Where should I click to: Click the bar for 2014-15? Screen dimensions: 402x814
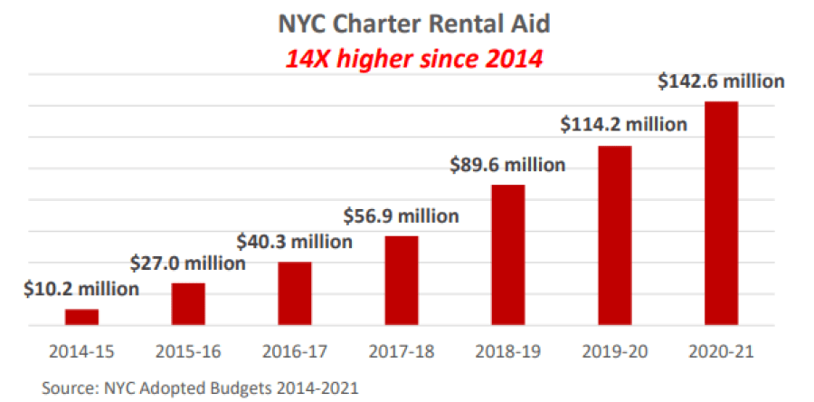point(81,317)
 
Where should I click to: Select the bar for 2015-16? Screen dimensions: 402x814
point(188,303)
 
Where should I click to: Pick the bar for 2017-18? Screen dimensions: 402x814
point(402,280)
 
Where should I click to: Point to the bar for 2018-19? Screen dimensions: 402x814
point(508,254)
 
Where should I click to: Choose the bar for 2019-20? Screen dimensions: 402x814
point(615,234)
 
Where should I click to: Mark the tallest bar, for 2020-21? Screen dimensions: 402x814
point(722,213)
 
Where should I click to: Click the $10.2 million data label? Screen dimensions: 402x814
point(81,290)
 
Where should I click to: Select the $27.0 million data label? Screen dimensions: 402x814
point(188,263)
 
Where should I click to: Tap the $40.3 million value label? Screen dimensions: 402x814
point(295,242)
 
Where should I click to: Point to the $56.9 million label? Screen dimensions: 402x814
point(402,216)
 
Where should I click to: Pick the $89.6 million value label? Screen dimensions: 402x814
point(508,165)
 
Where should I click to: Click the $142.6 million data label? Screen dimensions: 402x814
point(721,81)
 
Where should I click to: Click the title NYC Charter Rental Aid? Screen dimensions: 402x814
point(413,24)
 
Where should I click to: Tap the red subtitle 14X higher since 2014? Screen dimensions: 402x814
point(413,60)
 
